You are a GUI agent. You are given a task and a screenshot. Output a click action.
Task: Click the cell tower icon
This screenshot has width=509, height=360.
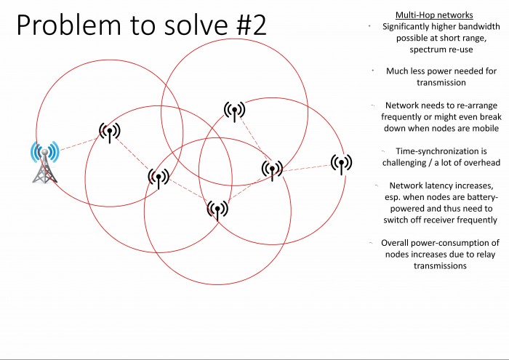[45, 162]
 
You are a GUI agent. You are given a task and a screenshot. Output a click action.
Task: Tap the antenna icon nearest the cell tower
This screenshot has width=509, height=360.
[110, 132]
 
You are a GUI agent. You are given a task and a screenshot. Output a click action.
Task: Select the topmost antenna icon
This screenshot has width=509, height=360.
[234, 111]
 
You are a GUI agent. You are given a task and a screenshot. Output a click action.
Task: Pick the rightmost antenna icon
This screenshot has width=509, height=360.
[341, 164]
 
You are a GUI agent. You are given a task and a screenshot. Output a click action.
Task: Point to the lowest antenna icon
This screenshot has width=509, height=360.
[217, 210]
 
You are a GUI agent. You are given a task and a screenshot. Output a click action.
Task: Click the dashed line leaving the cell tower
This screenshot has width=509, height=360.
[79, 145]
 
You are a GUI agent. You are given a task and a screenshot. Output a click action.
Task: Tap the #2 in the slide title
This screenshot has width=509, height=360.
[252, 25]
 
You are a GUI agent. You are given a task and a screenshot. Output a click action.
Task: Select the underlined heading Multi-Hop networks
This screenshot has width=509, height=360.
[434, 15]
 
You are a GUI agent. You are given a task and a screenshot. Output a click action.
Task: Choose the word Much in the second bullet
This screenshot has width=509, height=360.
[397, 71]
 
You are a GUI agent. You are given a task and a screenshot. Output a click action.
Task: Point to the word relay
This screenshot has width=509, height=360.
[486, 254]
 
